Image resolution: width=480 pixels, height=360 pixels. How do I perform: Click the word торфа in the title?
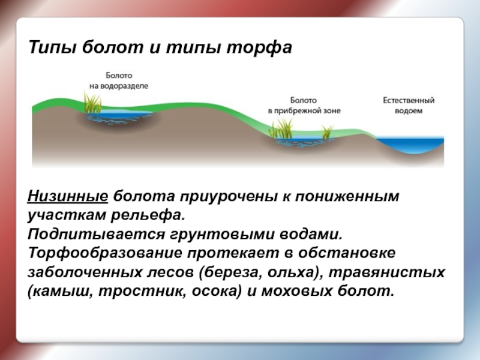260,47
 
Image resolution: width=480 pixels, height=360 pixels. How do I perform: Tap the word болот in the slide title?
112,47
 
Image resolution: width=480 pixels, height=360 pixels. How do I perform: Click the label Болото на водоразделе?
119,80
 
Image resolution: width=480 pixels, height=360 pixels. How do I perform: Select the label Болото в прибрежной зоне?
304,106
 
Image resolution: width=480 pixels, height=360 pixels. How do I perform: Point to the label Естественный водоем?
409,106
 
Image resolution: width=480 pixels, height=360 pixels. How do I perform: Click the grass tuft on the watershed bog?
92,103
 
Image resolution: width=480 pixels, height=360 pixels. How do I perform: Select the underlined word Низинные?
68,196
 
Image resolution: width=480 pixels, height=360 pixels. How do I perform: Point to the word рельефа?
148,215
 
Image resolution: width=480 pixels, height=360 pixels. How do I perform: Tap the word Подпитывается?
96,235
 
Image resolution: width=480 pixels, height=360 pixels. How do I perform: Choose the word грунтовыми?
222,235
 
